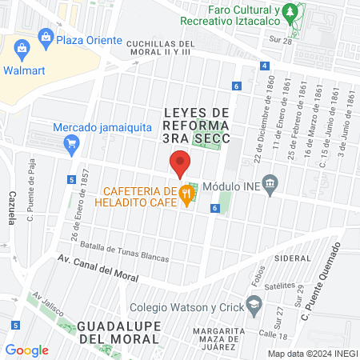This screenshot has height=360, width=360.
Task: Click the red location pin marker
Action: (180, 164)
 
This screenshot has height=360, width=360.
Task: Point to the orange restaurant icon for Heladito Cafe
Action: (186, 192)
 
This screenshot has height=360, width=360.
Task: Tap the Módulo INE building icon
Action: (270, 186)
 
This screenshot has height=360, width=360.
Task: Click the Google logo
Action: (26, 350)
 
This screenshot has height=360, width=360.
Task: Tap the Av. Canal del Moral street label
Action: (98, 270)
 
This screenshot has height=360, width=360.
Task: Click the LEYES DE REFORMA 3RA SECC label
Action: (196, 125)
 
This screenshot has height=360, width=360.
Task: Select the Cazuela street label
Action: (11, 209)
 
